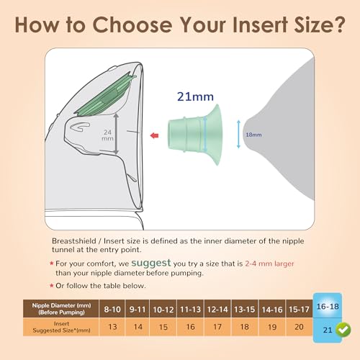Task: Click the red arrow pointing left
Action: tap(154, 136)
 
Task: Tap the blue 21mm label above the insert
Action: tap(195, 96)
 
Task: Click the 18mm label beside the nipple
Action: tap(253, 135)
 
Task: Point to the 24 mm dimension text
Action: tap(107, 135)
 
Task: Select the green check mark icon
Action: tap(343, 330)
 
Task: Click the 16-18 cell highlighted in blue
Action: tap(328, 307)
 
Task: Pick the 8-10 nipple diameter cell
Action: tap(112, 310)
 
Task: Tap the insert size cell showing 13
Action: tap(112, 327)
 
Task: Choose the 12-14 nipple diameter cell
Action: tap(217, 310)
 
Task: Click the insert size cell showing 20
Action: tap(299, 327)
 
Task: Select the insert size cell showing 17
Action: tap(217, 327)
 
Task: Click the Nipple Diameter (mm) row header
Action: tap(61, 309)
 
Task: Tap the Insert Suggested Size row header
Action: tap(61, 327)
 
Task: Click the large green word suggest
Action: tap(151, 263)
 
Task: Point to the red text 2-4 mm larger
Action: tap(269, 264)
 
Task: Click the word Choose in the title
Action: tap(132, 24)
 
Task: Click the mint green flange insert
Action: tap(195, 135)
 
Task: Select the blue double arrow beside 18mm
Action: tap(238, 135)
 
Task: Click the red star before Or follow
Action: tap(51, 285)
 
